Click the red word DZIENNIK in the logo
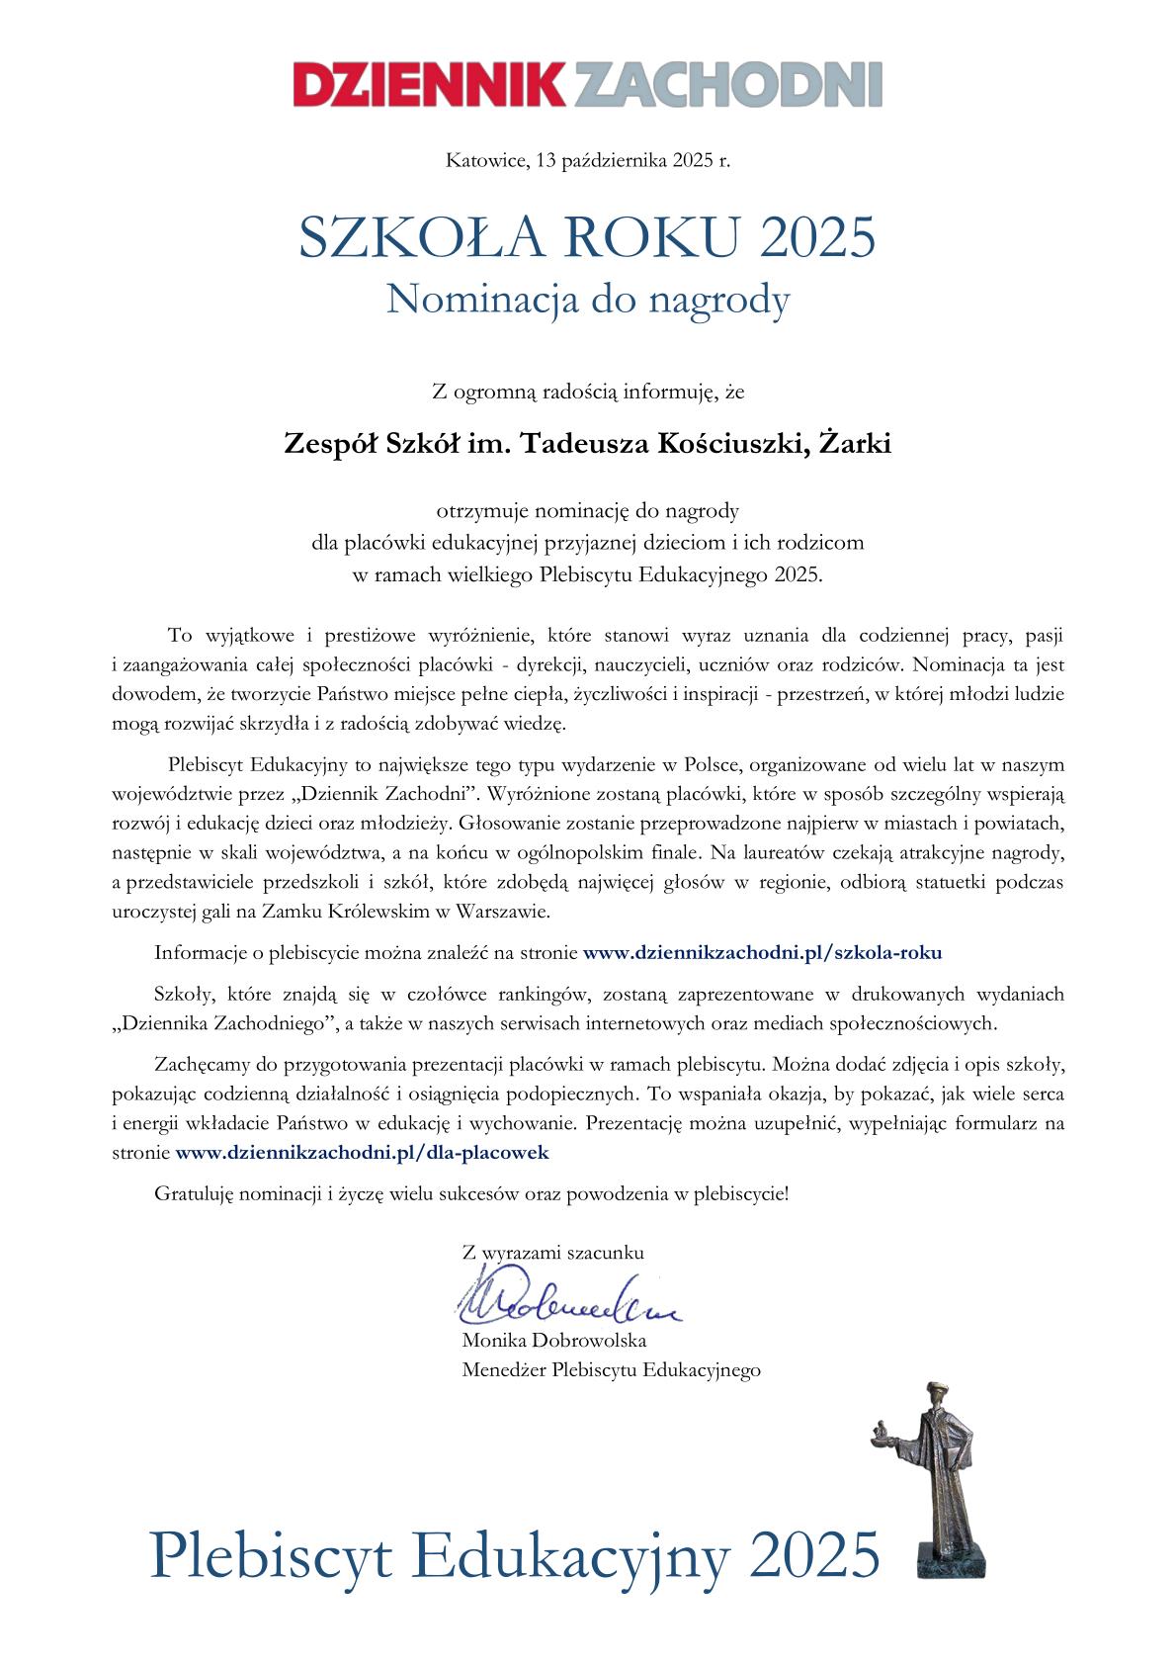[x=431, y=85]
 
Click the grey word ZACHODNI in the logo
[x=726, y=85]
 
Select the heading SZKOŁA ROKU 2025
[x=587, y=237]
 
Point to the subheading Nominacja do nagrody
[x=587, y=300]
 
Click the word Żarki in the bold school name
[x=857, y=444]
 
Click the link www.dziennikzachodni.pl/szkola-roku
[x=762, y=953]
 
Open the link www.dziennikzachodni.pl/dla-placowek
[x=362, y=1152]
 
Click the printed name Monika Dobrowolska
[x=554, y=1341]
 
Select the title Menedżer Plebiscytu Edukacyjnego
[x=611, y=1370]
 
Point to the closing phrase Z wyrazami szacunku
[x=553, y=1253]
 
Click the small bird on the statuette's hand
[x=877, y=1430]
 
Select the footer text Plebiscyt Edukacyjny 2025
[x=514, y=1554]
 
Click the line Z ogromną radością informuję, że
[x=587, y=393]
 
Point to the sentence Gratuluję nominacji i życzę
[x=472, y=1193]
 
